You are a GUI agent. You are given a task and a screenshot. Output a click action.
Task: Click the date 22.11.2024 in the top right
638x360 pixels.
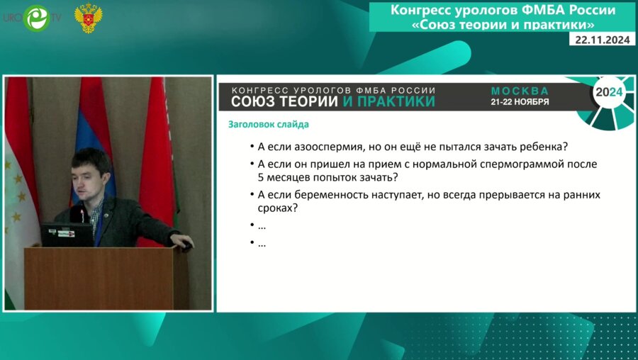click(603, 40)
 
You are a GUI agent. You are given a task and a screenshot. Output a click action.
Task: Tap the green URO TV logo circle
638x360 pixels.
click(36, 18)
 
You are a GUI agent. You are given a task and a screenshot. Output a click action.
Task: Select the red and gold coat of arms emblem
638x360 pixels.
click(88, 18)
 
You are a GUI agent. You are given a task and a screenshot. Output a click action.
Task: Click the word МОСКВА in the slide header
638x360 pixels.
click(520, 91)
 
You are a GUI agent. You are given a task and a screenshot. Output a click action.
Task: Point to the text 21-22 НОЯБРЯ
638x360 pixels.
click(520, 102)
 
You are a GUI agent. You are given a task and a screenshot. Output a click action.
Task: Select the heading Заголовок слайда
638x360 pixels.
click(268, 125)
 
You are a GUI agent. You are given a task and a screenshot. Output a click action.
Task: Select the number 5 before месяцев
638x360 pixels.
click(261, 178)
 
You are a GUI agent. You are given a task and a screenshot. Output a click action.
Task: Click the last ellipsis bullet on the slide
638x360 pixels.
click(262, 243)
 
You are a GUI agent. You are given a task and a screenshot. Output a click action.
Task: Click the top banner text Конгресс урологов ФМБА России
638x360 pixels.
click(503, 11)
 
